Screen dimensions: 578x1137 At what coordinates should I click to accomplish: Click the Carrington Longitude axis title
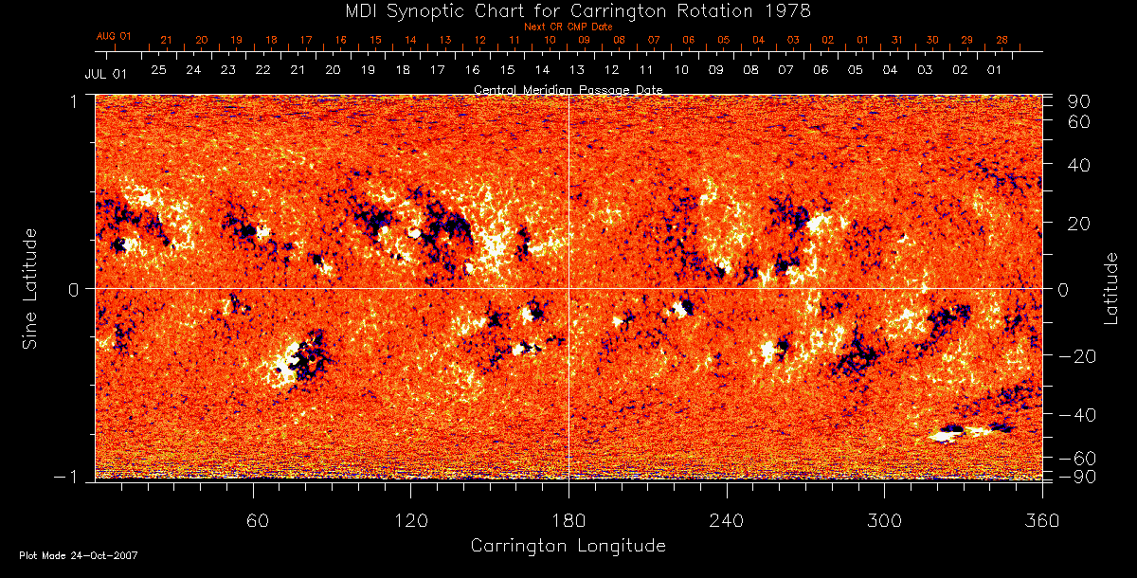[x=568, y=546]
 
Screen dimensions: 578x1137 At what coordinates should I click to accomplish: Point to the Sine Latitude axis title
[x=30, y=287]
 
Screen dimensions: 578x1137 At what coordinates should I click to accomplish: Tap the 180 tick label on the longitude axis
[x=568, y=520]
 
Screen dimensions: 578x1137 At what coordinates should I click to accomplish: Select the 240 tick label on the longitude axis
[x=727, y=520]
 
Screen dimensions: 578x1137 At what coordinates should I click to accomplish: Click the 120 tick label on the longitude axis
[x=410, y=520]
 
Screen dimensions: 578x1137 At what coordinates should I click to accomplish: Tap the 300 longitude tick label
[x=884, y=520]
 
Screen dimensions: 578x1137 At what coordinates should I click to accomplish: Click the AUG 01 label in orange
[x=114, y=36]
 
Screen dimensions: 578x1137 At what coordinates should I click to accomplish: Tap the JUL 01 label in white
[x=105, y=72]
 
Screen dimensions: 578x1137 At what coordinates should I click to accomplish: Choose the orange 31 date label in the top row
[x=897, y=41]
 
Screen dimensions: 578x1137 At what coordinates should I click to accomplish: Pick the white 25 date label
[x=158, y=70]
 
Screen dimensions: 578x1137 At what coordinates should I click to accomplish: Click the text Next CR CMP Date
[x=568, y=27]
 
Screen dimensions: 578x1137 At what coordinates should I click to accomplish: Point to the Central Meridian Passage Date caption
[x=568, y=90]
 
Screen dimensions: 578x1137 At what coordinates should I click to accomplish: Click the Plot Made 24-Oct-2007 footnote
[x=79, y=555]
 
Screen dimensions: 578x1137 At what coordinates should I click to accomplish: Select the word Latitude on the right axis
[x=1110, y=288]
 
